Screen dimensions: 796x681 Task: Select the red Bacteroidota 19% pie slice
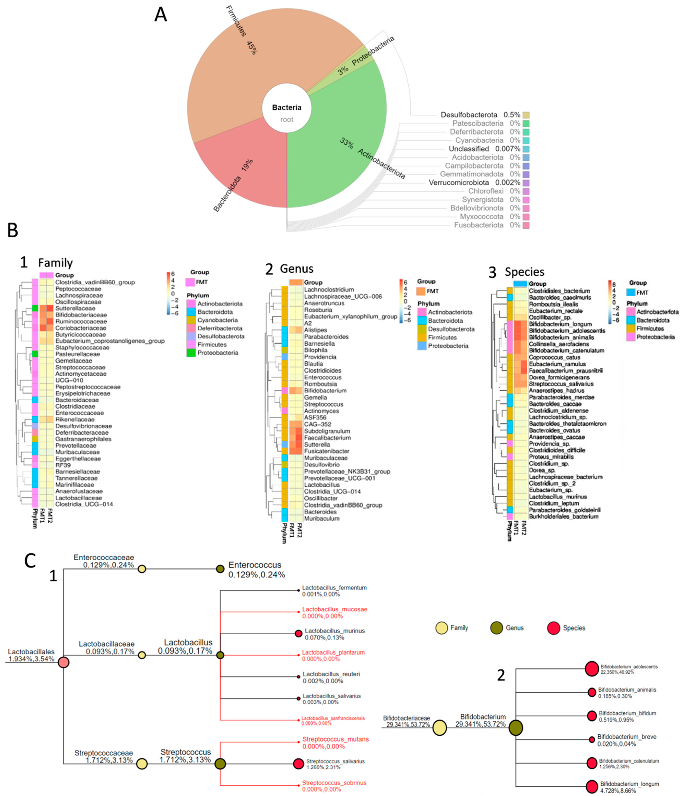246,169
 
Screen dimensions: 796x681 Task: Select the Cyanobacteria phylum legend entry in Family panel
217,320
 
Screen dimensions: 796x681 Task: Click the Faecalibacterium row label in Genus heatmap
327,438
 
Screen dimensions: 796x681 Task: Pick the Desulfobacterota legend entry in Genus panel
451,329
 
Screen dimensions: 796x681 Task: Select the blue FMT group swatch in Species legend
631,292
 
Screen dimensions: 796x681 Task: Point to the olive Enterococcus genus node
220,569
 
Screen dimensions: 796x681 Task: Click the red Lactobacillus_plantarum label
333,652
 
